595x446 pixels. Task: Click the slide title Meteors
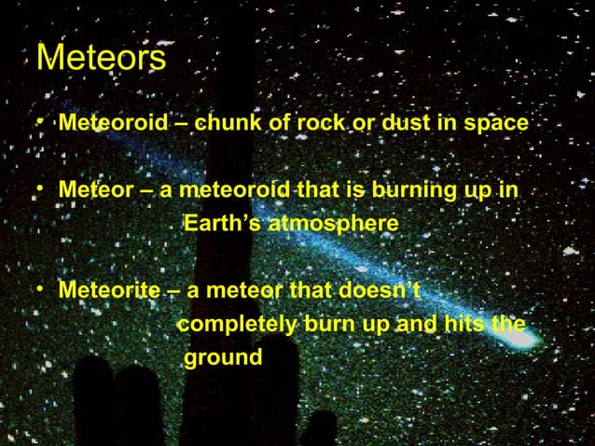point(101,60)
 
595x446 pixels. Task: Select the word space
point(496,122)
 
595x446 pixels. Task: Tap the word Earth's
point(222,225)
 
